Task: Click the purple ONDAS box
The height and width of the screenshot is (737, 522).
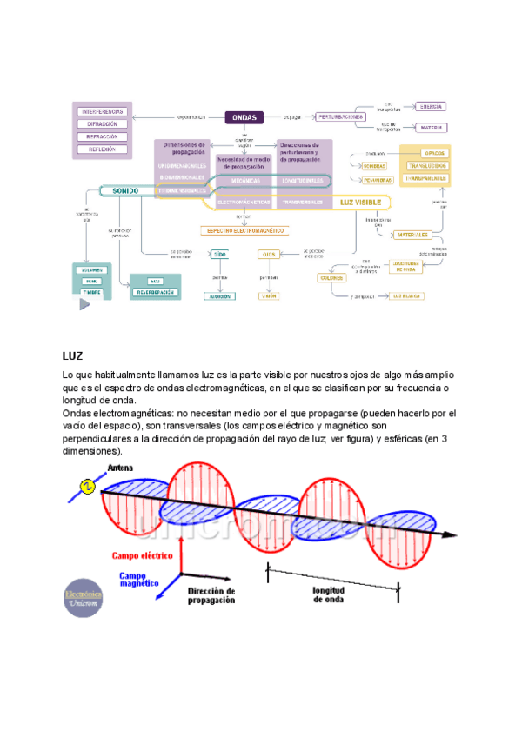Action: (x=252, y=116)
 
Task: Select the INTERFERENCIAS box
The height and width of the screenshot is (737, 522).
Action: (x=104, y=112)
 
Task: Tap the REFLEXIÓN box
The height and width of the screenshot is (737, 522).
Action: (x=104, y=149)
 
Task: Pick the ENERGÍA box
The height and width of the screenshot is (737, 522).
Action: (x=430, y=106)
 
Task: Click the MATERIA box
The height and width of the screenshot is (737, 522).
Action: (x=430, y=128)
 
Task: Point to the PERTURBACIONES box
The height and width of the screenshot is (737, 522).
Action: (x=340, y=116)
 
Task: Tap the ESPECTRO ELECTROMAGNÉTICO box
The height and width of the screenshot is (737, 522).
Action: (x=244, y=231)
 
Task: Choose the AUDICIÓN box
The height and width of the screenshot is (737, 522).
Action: (x=219, y=295)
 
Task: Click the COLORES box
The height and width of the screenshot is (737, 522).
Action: (x=331, y=277)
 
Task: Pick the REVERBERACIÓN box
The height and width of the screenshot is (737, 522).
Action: (x=156, y=293)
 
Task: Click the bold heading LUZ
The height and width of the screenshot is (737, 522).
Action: (x=72, y=356)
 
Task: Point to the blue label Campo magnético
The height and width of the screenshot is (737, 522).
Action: (x=137, y=580)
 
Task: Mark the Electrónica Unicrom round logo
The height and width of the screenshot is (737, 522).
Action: (x=84, y=599)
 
